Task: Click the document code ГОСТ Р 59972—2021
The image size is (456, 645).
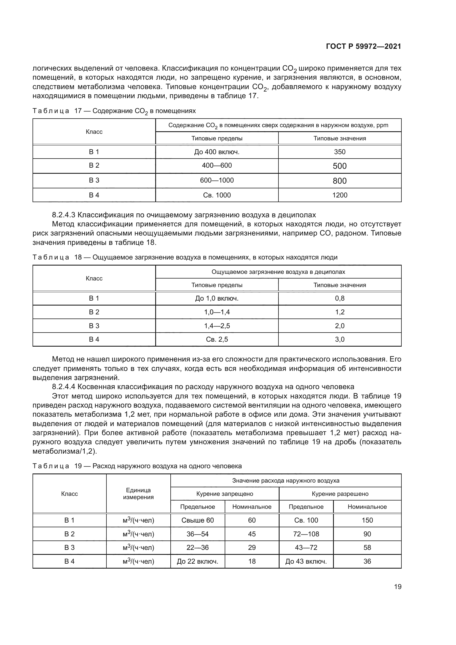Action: click(x=363, y=46)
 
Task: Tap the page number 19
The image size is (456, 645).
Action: click(x=398, y=587)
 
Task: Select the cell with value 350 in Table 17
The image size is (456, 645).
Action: click(x=339, y=152)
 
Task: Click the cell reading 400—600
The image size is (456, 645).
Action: click(x=217, y=165)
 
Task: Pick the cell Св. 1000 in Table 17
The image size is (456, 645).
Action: click(x=217, y=195)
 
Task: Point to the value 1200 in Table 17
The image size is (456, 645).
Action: click(x=339, y=195)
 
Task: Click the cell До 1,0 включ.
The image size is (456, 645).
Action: click(x=217, y=298)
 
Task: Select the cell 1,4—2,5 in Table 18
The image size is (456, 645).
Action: click(x=217, y=326)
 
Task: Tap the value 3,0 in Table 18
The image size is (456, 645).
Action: click(x=339, y=339)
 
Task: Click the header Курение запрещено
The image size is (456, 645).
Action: click(x=225, y=494)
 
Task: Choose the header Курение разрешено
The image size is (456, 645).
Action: click(x=340, y=494)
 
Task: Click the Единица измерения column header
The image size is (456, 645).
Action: click(x=138, y=494)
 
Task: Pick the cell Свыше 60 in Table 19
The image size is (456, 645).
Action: click(x=197, y=520)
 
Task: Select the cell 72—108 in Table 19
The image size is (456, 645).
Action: click(x=306, y=534)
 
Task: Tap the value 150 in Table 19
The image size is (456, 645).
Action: click(x=367, y=520)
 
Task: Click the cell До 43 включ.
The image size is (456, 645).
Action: click(x=306, y=561)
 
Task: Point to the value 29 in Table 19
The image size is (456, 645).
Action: click(x=252, y=548)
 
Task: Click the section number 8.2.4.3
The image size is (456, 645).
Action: click(x=64, y=215)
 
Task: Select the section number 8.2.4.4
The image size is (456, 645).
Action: click(x=64, y=387)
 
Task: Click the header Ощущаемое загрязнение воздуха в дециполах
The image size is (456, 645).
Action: click(x=278, y=272)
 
